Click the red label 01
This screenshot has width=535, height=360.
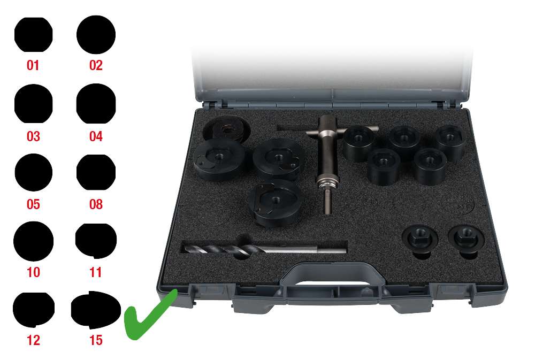pyautogui.click(x=33, y=66)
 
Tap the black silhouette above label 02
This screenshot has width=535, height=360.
pyautogui.click(x=96, y=34)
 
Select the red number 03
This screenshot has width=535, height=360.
pyautogui.click(x=33, y=136)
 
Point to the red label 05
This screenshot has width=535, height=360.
pyautogui.click(x=33, y=204)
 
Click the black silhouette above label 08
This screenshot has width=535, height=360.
pyautogui.click(x=96, y=173)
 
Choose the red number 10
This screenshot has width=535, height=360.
pyautogui.click(x=33, y=272)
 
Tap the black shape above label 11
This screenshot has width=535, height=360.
pyautogui.click(x=96, y=240)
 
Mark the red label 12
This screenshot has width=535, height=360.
pyautogui.click(x=33, y=340)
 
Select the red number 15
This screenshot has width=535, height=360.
pyautogui.click(x=96, y=340)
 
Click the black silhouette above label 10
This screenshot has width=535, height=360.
pyautogui.click(x=33, y=241)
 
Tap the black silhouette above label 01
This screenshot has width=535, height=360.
pyautogui.click(x=33, y=35)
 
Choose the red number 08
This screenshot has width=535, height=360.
pyautogui.click(x=96, y=204)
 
